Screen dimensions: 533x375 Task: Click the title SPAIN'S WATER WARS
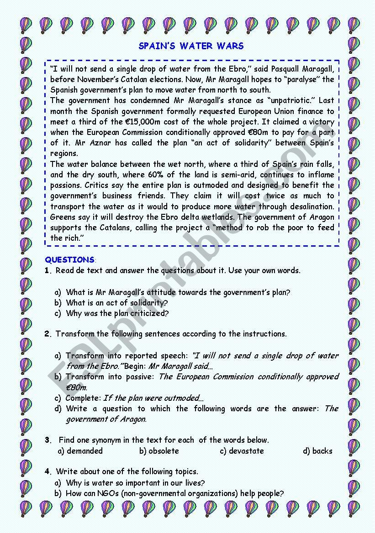pos(191,46)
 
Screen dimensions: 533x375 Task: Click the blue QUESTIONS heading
pos(69,260)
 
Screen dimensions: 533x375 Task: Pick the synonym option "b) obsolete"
pos(159,451)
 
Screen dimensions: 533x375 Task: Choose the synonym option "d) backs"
pos(317,451)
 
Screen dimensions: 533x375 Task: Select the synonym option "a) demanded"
pos(80,451)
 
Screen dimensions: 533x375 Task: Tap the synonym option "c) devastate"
pos(242,451)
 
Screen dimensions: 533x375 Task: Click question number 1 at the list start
pos(48,270)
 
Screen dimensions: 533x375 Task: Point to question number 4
pos(48,472)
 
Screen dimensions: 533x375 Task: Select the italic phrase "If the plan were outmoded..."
pos(153,398)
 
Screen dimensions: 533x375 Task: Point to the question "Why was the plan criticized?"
pos(117,313)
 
